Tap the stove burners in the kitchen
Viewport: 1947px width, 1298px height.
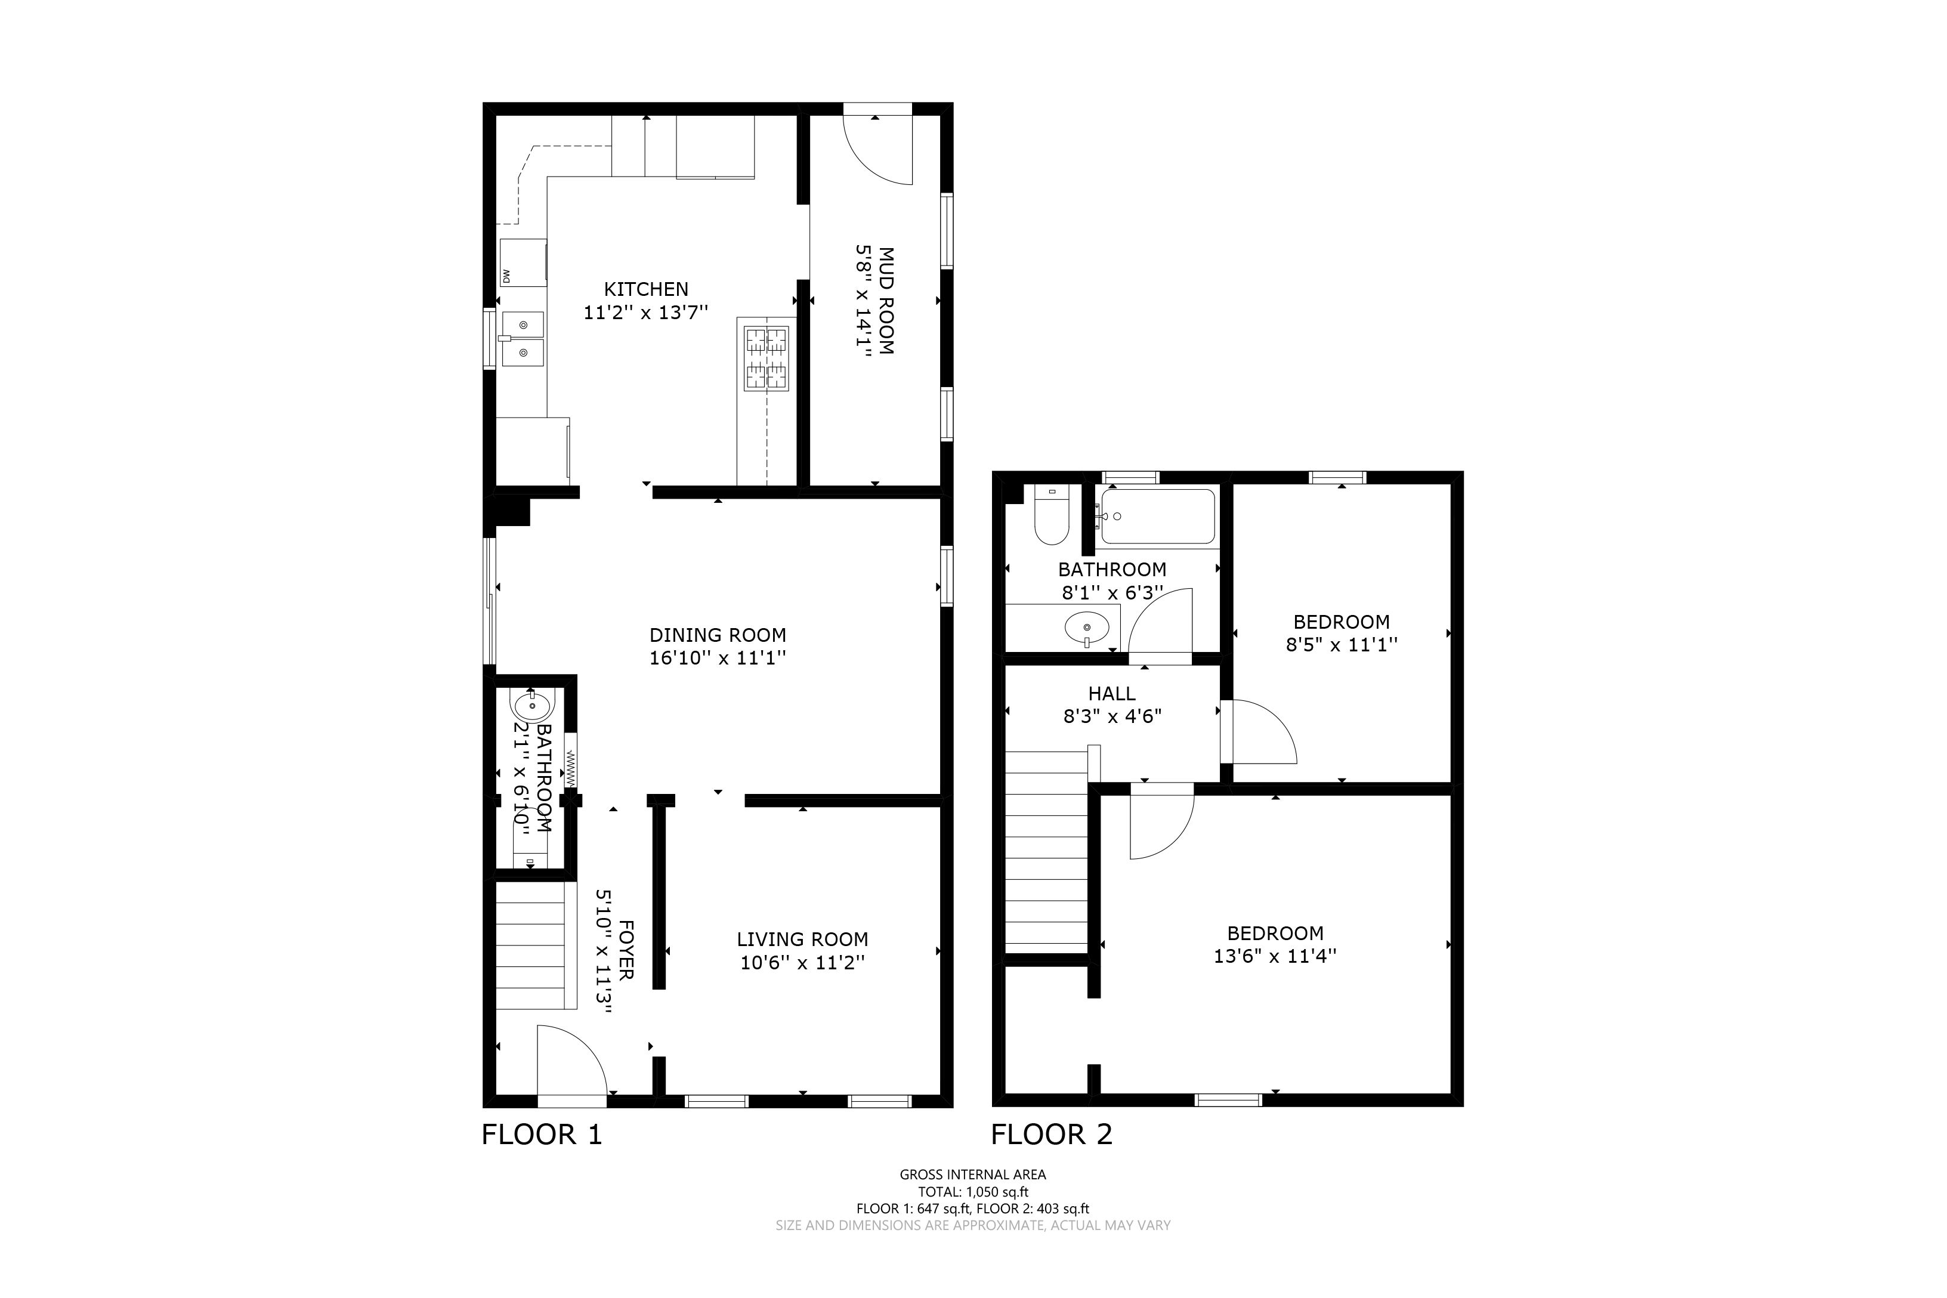click(x=767, y=359)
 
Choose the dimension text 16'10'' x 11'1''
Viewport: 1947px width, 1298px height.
click(x=718, y=658)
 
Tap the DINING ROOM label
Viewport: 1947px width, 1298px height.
click(x=718, y=635)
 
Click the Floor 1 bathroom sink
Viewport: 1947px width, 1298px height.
click(x=531, y=706)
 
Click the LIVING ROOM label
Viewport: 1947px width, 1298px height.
click(x=802, y=939)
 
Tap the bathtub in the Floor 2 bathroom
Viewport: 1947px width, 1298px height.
click(x=1157, y=516)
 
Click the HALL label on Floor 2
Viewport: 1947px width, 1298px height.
click(x=1112, y=694)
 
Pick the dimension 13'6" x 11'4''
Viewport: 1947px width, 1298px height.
click(x=1275, y=956)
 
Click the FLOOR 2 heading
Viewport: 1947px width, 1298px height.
click(x=1051, y=1134)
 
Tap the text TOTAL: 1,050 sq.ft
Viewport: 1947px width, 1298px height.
click(x=973, y=1192)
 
